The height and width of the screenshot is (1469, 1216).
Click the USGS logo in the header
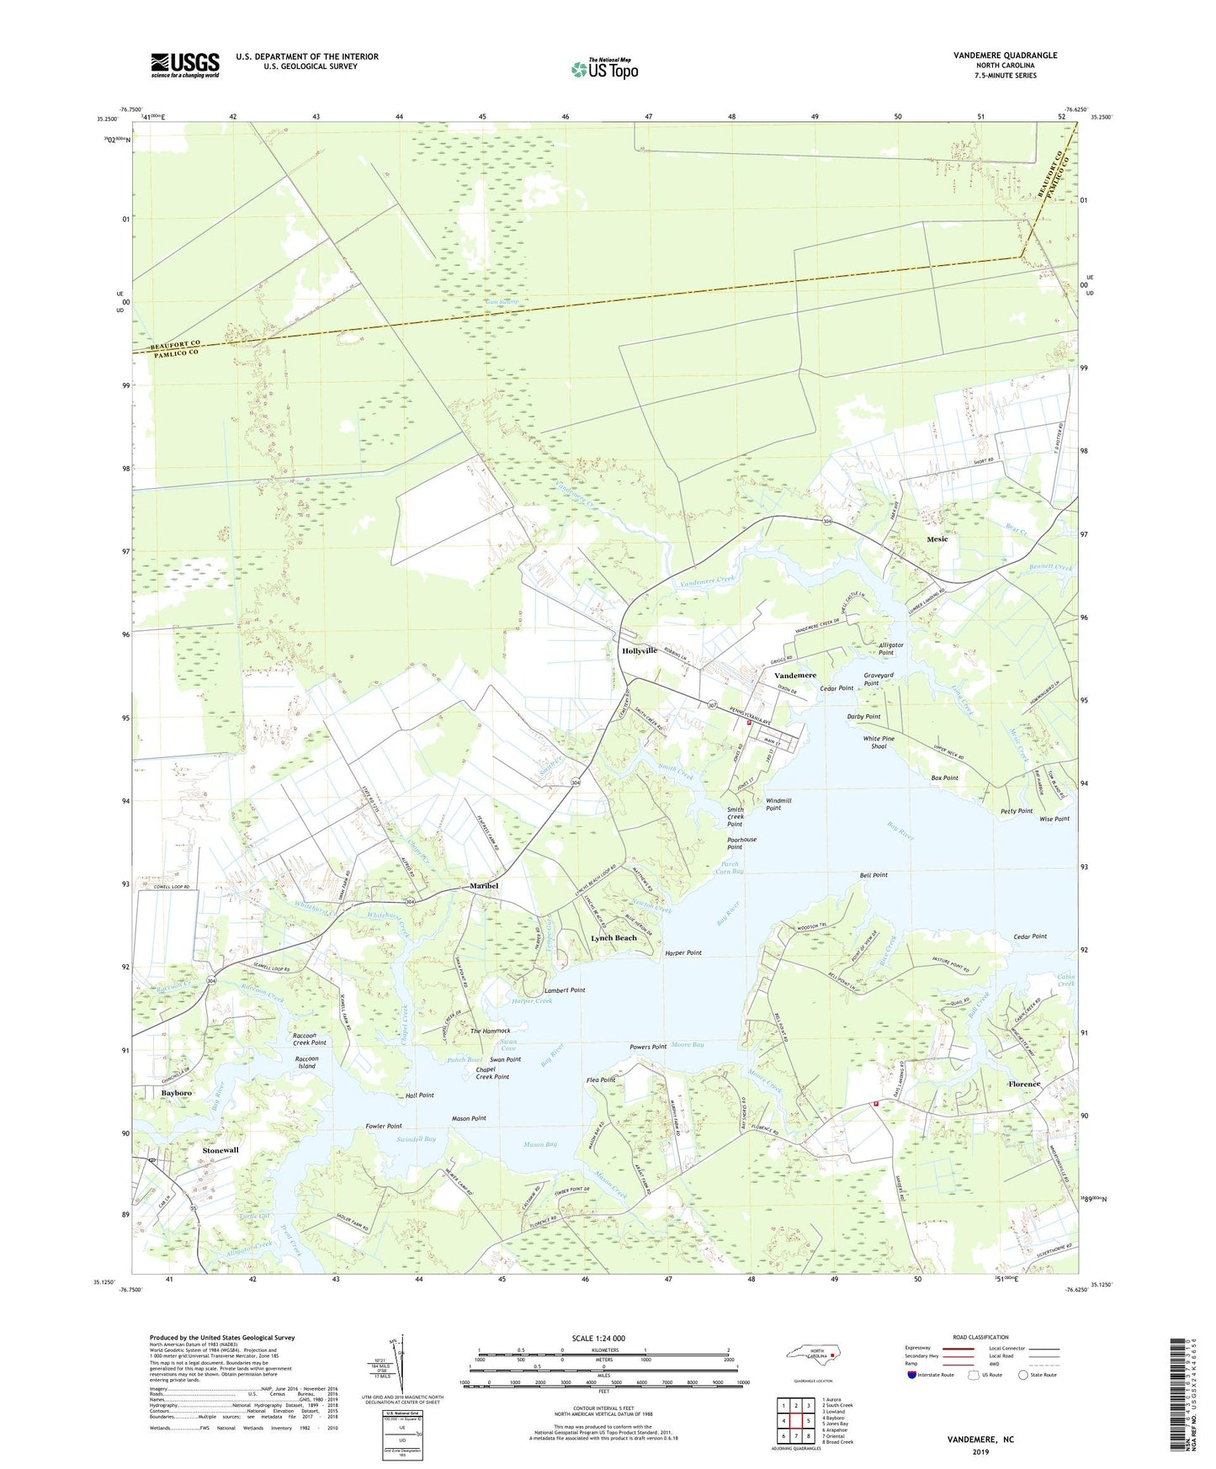(184, 66)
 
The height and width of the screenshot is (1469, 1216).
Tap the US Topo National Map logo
(604, 68)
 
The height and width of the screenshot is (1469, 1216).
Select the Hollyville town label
(639, 651)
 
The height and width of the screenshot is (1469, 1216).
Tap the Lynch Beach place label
(613, 938)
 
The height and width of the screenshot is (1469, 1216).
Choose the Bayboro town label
(177, 1093)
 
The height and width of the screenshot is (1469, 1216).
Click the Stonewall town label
(220, 1149)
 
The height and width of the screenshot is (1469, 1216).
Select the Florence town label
(1024, 1085)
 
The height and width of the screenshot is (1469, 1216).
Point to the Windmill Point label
(778, 804)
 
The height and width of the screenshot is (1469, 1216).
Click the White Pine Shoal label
(879, 742)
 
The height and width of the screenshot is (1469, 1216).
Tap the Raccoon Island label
(306, 1063)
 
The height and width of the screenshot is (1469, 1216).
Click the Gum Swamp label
(502, 301)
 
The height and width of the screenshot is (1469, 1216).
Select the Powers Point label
(648, 1047)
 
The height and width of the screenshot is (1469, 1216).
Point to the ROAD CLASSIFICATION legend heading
(980, 1337)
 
